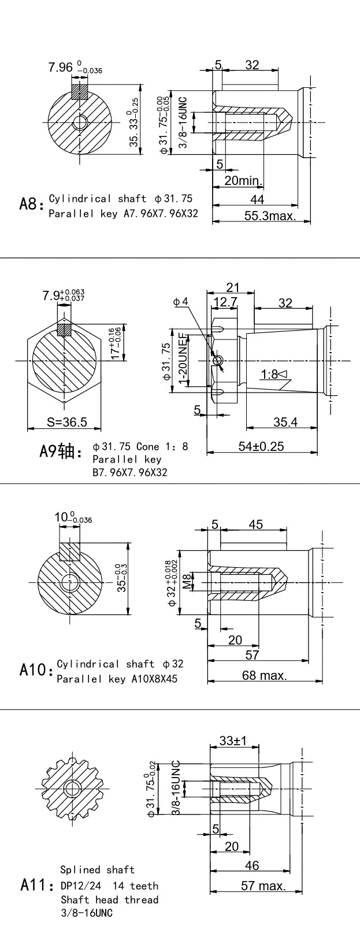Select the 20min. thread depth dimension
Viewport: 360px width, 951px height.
[243, 181]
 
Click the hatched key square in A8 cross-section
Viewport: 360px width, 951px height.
[79, 93]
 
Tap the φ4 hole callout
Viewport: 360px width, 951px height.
[181, 302]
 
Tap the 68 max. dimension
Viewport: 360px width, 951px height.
[264, 675]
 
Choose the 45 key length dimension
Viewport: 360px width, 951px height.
[255, 524]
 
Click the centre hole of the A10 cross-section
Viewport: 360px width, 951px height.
[71, 580]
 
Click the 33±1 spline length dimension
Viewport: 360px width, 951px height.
[233, 741]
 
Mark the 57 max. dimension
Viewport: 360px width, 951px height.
[263, 886]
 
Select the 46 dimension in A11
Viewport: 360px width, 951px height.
[252, 865]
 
